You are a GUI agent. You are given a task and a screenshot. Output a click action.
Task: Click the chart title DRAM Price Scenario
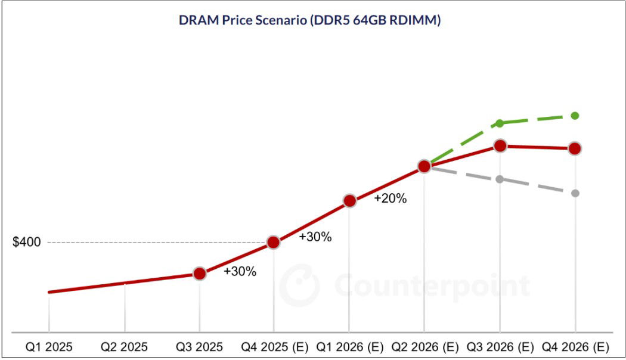309,20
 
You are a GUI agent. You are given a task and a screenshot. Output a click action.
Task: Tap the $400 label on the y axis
26,243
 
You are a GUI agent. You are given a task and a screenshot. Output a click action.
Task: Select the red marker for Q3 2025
200,274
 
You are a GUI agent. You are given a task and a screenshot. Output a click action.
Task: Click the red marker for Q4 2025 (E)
274,242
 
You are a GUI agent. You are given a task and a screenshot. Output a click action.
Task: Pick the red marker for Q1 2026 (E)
350,201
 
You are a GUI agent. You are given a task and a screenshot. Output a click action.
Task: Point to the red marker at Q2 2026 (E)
424,166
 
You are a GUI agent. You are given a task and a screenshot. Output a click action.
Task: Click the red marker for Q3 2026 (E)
500,145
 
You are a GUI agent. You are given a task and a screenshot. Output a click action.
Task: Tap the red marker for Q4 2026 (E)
575,148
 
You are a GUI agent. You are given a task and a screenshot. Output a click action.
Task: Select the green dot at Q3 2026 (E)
500,123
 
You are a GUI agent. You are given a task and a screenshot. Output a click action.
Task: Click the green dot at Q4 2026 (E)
575,115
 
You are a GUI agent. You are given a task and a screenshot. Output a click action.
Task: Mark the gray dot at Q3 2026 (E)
500,179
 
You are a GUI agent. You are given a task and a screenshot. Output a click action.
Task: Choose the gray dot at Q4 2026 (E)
575,193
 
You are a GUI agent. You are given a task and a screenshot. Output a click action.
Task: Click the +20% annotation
391,199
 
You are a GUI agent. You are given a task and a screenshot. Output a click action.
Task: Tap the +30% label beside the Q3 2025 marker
240,272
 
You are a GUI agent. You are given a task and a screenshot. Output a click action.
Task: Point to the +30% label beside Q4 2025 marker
315,237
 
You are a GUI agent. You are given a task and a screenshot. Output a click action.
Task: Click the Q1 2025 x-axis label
49,347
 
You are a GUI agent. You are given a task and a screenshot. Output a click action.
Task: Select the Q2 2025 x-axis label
124,347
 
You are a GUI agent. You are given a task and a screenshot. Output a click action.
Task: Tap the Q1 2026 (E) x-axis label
350,347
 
